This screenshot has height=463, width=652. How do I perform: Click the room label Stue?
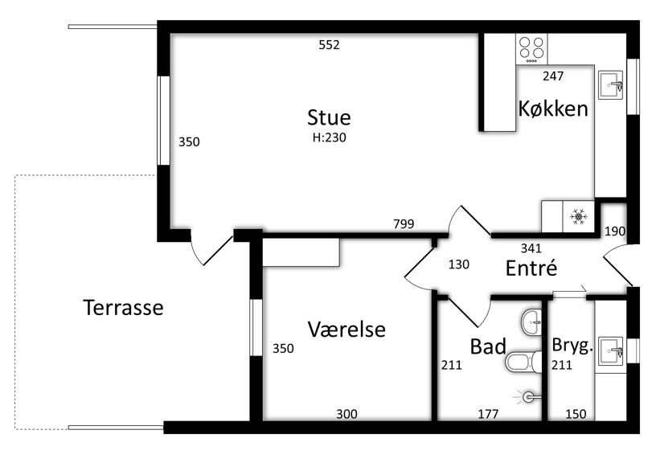pos(329,117)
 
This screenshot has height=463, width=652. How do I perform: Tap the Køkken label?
pos(553,109)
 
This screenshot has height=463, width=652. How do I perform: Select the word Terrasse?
pos(123,307)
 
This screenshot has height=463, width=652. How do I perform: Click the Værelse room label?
pos(347,330)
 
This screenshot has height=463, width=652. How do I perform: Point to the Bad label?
pos(488,347)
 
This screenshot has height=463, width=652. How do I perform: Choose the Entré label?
pos(531,268)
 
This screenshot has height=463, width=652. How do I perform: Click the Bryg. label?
pos(572,346)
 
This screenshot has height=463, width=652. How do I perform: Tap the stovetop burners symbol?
pos(531,49)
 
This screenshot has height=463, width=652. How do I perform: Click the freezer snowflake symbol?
pos(577,215)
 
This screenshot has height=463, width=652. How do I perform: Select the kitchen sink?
pos(610,83)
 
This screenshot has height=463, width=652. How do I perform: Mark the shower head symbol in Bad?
pos(528,396)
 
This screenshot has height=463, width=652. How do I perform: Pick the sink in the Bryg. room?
pos(610,350)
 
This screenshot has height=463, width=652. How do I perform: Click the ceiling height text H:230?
pos(329,137)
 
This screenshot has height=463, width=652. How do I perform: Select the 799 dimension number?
pos(404,223)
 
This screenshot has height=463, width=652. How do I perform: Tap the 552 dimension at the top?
pos(330,45)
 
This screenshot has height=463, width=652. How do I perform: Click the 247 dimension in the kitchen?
pos(553,76)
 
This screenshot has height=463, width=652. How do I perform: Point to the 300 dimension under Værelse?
pos(347,414)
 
